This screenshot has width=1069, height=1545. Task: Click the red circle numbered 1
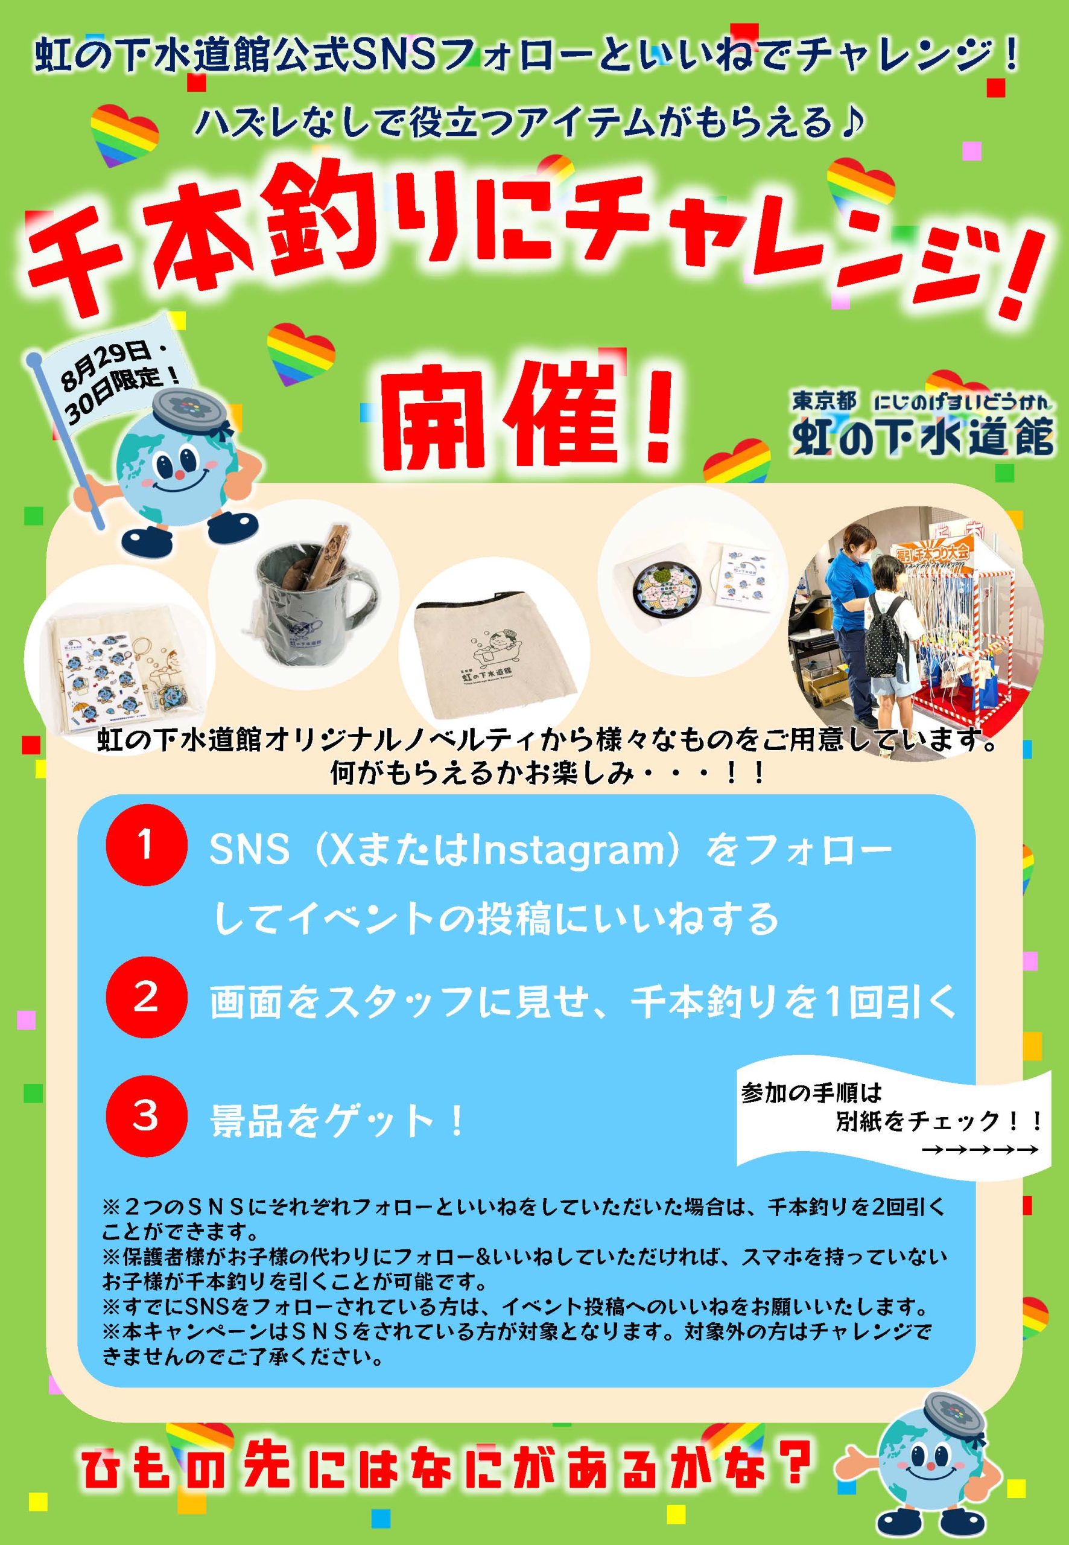click(x=146, y=847)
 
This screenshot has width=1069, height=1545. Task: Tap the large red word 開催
click(x=530, y=416)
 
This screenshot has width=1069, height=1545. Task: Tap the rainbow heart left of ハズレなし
click(x=125, y=135)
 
